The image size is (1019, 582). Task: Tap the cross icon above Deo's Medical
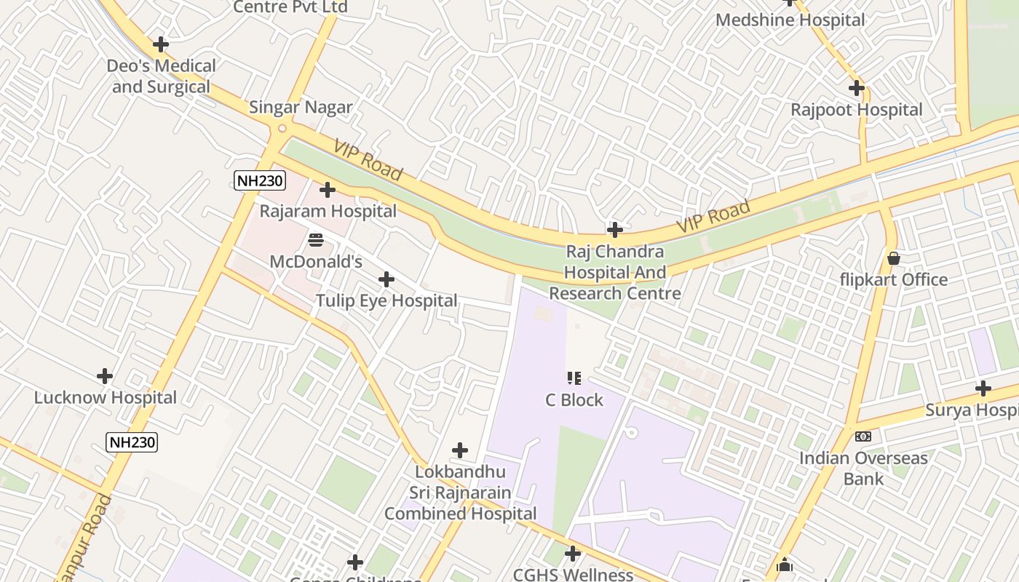pos(161,44)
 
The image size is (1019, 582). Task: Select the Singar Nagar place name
pos(301,108)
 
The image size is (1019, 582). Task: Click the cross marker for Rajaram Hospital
pos(328,190)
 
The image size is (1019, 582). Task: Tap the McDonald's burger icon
pos(316,239)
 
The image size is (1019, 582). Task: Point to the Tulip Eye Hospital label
pos(386,300)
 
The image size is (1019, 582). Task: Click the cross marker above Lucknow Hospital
pos(105,376)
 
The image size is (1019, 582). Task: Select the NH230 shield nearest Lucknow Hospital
pos(132,442)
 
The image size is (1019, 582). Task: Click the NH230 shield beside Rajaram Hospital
pos(260,180)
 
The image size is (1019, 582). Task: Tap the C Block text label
pos(574,400)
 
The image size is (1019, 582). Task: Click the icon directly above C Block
pos(574,378)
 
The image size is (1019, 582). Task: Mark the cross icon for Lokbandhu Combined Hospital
pos(460,450)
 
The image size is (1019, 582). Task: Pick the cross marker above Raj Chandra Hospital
pos(615,230)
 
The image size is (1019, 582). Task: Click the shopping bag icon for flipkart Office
pos(894,258)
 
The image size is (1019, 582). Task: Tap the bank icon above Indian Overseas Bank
pos(863,436)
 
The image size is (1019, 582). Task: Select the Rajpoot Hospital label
pos(857,110)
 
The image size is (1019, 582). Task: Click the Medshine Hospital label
pos(790,20)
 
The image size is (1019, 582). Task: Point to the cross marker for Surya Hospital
pos(983,388)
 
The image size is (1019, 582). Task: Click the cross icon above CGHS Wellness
pos(573,554)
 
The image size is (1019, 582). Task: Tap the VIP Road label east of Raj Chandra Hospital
pos(713,217)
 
